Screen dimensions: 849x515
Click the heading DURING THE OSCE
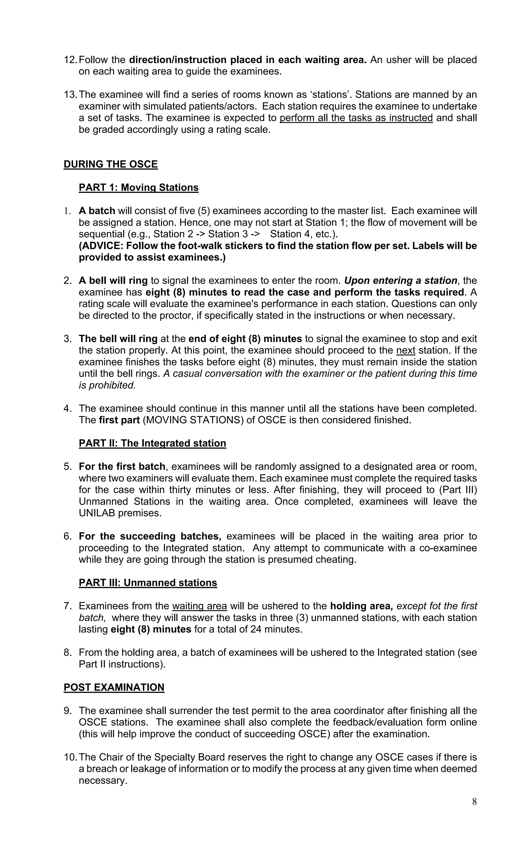[110, 164]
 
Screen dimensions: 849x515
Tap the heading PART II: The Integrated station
[152, 443]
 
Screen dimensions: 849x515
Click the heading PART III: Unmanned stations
[148, 583]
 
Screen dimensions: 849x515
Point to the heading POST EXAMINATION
[114, 687]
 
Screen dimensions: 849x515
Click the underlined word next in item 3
[406, 350]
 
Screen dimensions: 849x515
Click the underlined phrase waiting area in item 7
[199, 606]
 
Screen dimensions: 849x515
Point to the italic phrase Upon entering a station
[400, 280]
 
